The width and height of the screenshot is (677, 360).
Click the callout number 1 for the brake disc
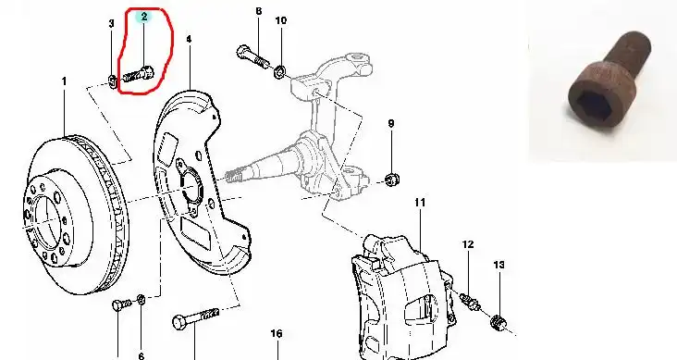click(x=65, y=81)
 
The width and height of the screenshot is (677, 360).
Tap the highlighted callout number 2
click(x=144, y=17)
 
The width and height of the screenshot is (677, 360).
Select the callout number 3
click(x=111, y=23)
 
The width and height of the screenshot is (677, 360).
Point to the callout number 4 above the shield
click(x=189, y=39)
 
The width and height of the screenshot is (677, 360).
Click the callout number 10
click(x=280, y=20)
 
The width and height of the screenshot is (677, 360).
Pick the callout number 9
click(x=391, y=123)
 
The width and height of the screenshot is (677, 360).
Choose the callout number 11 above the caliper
click(x=420, y=202)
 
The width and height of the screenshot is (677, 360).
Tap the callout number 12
click(x=468, y=244)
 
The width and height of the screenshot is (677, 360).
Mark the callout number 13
click(x=499, y=265)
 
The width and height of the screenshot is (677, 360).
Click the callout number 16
click(x=277, y=333)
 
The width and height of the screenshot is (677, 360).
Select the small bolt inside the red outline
click(x=138, y=75)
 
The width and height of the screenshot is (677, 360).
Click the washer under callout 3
click(x=112, y=81)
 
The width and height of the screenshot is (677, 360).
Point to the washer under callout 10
click(x=279, y=71)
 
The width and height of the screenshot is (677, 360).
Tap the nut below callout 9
click(x=392, y=179)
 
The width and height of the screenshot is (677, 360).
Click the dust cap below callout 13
click(x=498, y=322)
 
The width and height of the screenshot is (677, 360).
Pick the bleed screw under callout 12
click(x=469, y=301)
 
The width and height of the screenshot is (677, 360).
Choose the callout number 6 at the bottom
click(x=142, y=355)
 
